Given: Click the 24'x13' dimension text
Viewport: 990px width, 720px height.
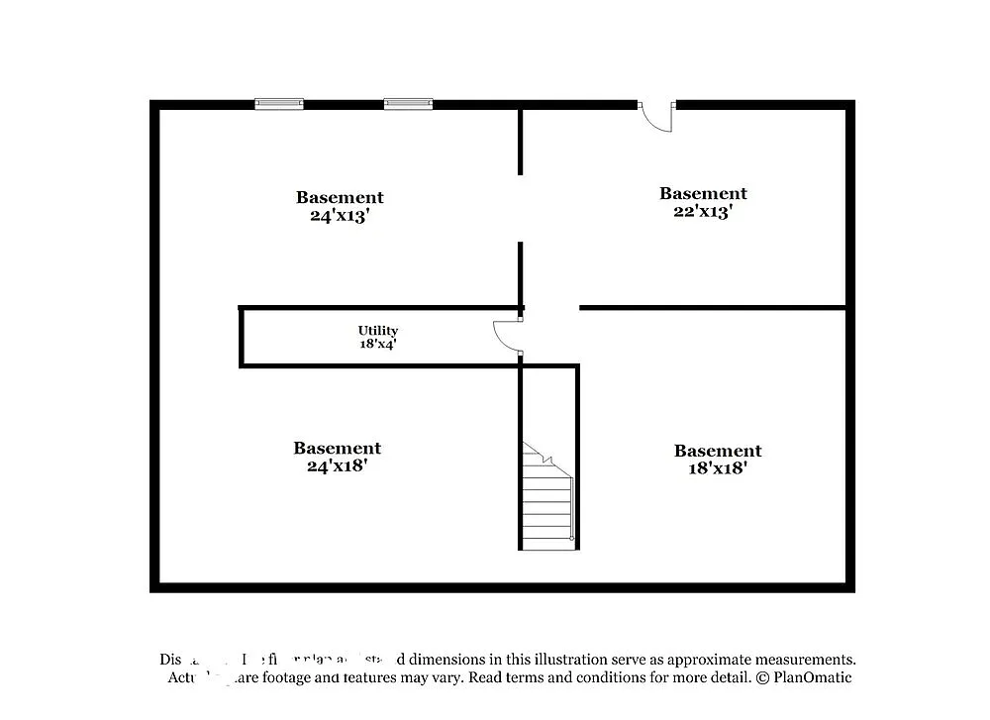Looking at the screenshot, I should (x=339, y=215).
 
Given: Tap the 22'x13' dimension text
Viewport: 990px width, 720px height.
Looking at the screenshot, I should (x=702, y=211).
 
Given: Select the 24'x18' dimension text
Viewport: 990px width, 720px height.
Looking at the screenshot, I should (x=337, y=465).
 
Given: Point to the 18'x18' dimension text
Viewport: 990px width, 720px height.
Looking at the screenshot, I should (x=717, y=468).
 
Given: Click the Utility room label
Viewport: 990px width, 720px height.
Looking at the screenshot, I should (x=378, y=331).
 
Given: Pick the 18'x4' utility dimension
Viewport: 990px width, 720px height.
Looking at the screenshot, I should (x=378, y=345).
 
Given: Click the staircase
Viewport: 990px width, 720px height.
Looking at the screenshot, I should (x=547, y=500).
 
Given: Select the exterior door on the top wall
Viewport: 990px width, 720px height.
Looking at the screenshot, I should (x=656, y=116).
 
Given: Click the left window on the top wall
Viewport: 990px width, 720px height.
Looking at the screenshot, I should (x=279, y=103).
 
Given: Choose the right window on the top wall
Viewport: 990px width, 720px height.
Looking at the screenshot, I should (x=408, y=103).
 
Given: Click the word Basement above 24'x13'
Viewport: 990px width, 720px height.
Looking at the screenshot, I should (x=340, y=197).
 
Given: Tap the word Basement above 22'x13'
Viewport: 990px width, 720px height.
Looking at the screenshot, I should (x=703, y=193).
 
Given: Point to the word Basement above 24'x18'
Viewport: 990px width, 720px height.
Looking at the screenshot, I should (x=337, y=448).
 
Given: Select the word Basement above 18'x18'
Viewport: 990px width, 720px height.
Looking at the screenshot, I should (x=718, y=451).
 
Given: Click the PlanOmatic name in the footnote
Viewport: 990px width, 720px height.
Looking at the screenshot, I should (x=813, y=677).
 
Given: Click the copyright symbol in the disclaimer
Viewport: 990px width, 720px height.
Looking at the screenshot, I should (x=762, y=677).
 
